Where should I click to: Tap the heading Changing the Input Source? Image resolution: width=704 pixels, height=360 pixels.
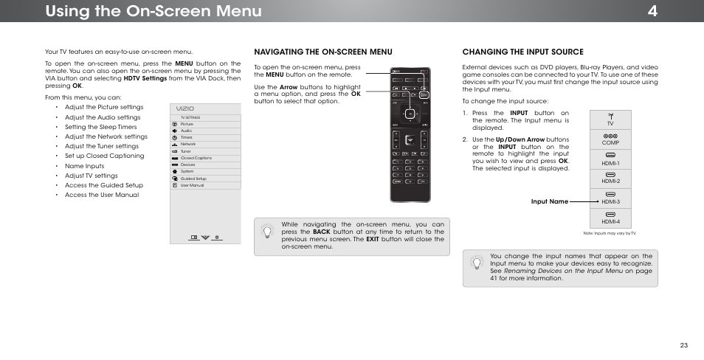[522, 52]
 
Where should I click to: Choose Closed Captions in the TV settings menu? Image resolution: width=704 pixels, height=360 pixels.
[196, 158]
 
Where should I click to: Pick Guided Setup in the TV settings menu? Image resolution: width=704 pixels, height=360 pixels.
[193, 179]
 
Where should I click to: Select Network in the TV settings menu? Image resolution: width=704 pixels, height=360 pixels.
[187, 144]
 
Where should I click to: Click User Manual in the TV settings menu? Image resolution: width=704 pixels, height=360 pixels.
[192, 185]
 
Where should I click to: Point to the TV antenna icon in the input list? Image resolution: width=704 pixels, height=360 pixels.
[610, 117]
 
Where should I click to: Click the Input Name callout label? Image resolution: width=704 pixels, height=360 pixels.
[550, 201]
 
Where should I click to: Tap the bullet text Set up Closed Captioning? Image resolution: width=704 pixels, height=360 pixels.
[104, 156]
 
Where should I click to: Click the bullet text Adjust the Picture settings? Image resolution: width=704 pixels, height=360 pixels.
[103, 107]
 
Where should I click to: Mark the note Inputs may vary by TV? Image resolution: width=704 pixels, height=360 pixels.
[610, 233]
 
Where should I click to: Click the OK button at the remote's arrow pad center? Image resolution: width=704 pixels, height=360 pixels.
[409, 114]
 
